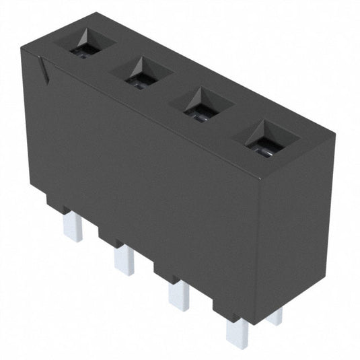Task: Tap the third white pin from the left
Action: point(178,293)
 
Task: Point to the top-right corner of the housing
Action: point(333,137)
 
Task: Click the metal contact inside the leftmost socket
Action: point(85,52)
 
